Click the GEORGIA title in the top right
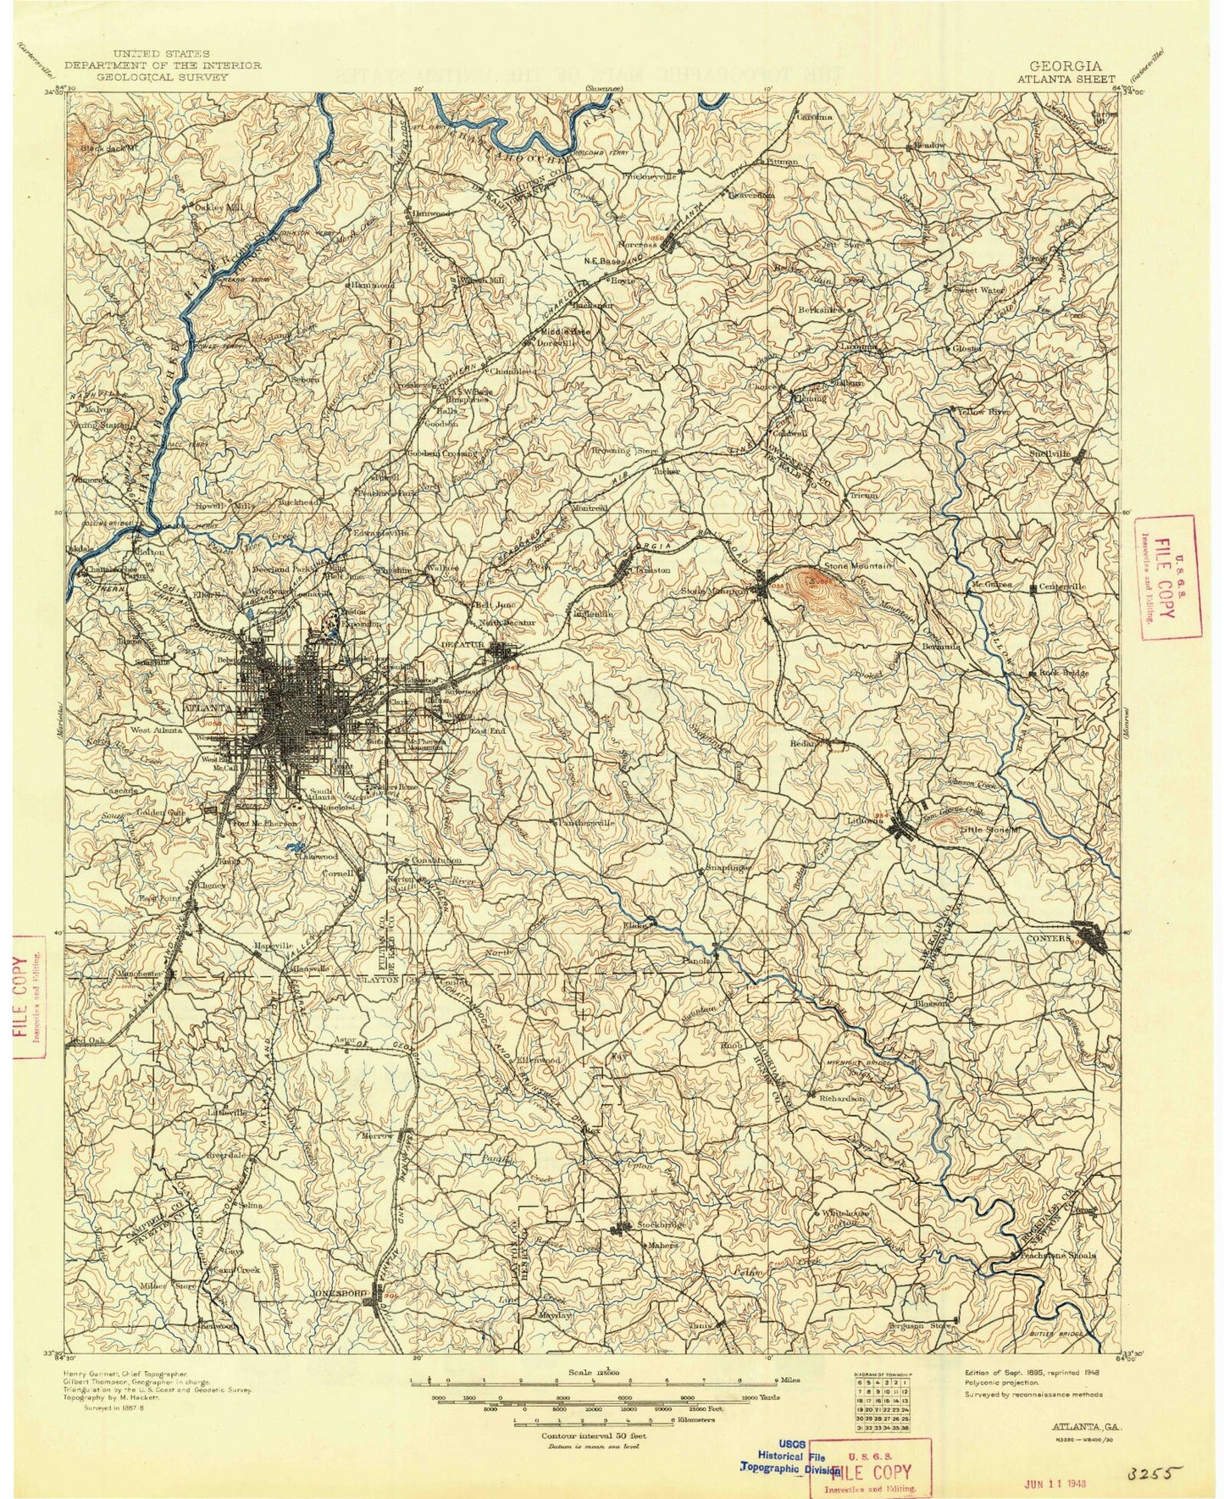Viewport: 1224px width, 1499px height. click(1066, 65)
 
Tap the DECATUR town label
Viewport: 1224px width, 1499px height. click(462, 645)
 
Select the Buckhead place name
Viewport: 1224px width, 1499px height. click(299, 502)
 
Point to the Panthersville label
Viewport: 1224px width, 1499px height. click(584, 823)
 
